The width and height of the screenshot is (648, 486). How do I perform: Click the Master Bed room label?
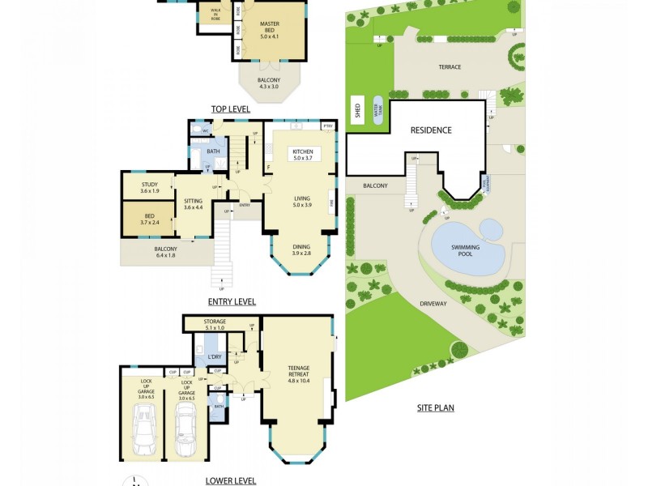(270, 31)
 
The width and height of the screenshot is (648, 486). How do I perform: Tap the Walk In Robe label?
(215, 13)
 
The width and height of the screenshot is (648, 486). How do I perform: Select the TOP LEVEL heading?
(231, 109)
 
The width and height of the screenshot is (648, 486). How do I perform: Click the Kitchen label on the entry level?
(303, 154)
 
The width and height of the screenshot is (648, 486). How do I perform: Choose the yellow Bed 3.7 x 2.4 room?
(150, 218)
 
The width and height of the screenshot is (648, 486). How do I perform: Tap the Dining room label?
(301, 250)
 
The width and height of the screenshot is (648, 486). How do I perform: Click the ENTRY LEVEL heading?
(232, 301)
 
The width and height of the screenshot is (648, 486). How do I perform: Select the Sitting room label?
(193, 204)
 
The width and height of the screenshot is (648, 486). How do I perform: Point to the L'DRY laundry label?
(215, 356)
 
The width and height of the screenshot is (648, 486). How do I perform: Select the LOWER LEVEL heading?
(231, 480)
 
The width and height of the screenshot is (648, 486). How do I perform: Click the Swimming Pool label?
(466, 249)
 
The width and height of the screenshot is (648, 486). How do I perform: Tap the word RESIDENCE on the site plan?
(431, 130)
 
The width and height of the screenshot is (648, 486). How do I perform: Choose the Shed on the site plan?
(357, 111)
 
